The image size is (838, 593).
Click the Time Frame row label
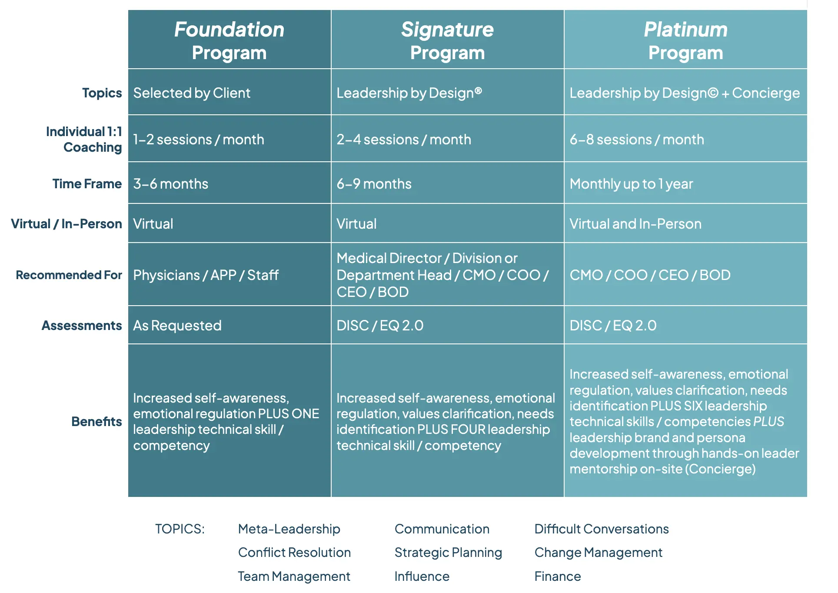point(87,184)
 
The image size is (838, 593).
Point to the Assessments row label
point(82,326)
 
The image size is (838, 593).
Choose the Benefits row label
point(96,422)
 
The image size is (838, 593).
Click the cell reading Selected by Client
point(192,93)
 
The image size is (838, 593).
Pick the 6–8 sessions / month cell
point(637,140)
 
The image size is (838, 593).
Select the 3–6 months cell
point(171,184)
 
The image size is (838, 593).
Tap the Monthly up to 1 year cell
point(631,184)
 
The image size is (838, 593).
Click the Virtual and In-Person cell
point(635,224)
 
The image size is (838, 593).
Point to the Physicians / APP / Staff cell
point(206,275)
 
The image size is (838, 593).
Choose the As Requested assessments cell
point(177,326)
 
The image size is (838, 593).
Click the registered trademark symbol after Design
point(478,90)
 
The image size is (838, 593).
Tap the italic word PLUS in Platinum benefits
point(768,422)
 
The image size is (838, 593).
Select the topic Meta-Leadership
point(289,529)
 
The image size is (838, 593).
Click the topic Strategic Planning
point(448,553)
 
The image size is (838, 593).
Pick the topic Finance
point(558,576)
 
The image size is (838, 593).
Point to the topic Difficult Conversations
point(602,529)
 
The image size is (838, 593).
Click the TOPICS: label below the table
point(180,529)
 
